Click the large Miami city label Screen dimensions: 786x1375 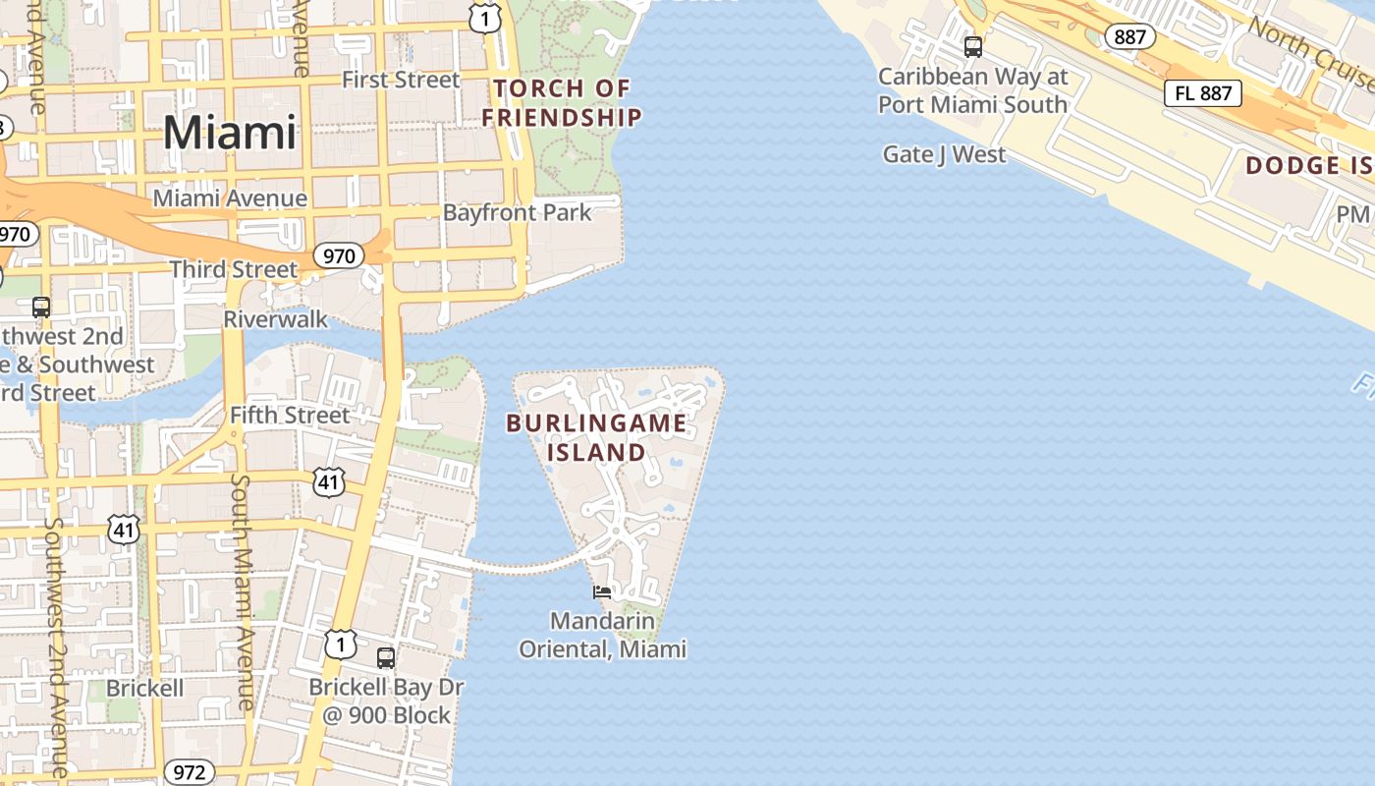pyautogui.click(x=230, y=133)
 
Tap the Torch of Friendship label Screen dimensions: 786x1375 pyautogui.click(x=562, y=103)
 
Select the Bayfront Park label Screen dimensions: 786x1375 pyautogui.click(x=518, y=212)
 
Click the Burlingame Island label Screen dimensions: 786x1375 pyautogui.click(x=596, y=437)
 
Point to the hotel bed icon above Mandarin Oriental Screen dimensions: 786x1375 pyautogui.click(x=602, y=591)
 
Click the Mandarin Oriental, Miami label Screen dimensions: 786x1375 pyautogui.click(x=602, y=635)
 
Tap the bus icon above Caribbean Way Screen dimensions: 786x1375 pyautogui.click(x=972, y=46)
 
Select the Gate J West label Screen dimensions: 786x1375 pyautogui.click(x=944, y=154)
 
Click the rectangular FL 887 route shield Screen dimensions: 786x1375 pyautogui.click(x=1203, y=93)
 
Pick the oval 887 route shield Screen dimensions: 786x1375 pyautogui.click(x=1129, y=36)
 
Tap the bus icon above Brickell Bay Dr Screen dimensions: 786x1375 pyautogui.click(x=386, y=657)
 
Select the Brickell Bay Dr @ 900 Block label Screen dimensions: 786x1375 pyautogui.click(x=387, y=701)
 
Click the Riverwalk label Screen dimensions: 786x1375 pyautogui.click(x=275, y=319)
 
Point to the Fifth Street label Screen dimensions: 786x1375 pyautogui.click(x=290, y=416)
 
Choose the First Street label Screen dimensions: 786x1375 pyautogui.click(x=401, y=80)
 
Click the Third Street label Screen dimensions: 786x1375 pyautogui.click(x=233, y=269)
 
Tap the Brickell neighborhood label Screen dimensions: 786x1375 pyautogui.click(x=144, y=688)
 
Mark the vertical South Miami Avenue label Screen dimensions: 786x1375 pyautogui.click(x=244, y=589)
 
